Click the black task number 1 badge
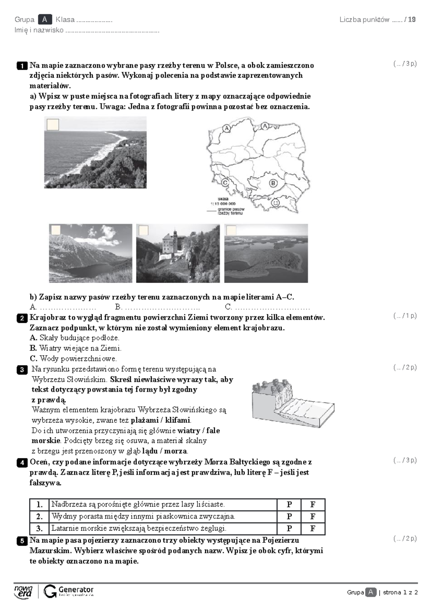[x=22, y=66]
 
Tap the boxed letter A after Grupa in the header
[x=45, y=19]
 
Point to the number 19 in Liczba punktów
[x=412, y=19]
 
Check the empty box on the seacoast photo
[x=53, y=124]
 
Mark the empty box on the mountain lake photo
[x=56, y=230]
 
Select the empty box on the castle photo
[x=143, y=230]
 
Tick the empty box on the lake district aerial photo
[x=231, y=230]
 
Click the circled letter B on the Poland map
[x=273, y=183]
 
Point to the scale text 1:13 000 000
[x=223, y=204]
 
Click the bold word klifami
[x=179, y=420]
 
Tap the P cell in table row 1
[x=289, y=504]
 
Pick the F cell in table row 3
[x=313, y=528]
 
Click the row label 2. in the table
[x=40, y=517]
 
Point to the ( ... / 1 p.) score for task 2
[x=405, y=316]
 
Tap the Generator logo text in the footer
[x=76, y=590]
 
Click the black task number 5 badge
[x=22, y=541]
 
